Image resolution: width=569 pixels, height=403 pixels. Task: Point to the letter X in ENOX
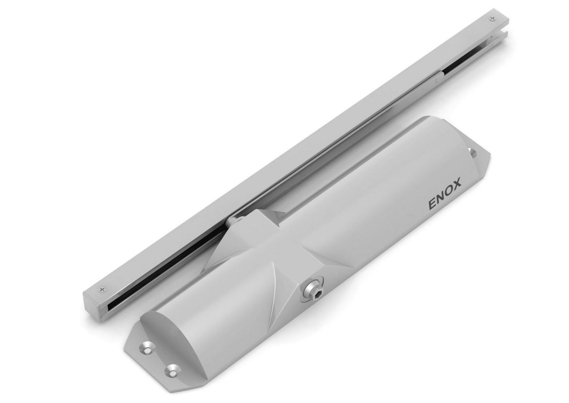(x=457, y=183)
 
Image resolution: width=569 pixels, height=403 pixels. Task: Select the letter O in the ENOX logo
(x=449, y=189)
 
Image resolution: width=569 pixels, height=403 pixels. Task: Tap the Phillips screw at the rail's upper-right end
(x=491, y=19)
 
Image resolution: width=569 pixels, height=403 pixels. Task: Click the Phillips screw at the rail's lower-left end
(x=103, y=290)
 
